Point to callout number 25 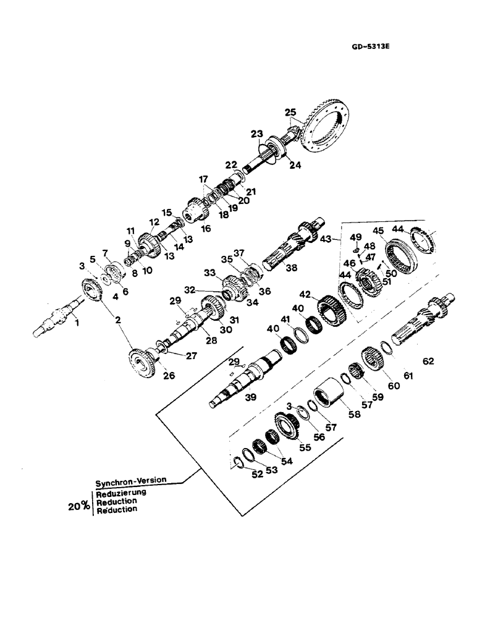click(x=290, y=112)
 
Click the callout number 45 click(x=378, y=232)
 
